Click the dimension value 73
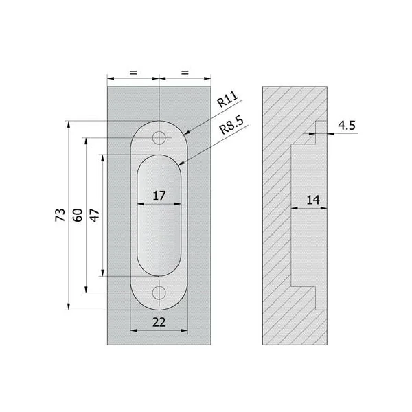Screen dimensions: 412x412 [x=60, y=215]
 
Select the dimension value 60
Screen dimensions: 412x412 [x=78, y=215]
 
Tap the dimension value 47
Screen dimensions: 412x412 [x=95, y=215]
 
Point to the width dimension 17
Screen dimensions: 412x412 [x=159, y=196]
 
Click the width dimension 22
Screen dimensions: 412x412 [x=159, y=322]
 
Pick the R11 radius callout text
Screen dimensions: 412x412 [x=227, y=99]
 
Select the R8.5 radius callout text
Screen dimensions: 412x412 [x=231, y=125]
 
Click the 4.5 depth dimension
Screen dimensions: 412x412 [x=347, y=126]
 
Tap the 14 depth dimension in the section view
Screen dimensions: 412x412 [x=313, y=200]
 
